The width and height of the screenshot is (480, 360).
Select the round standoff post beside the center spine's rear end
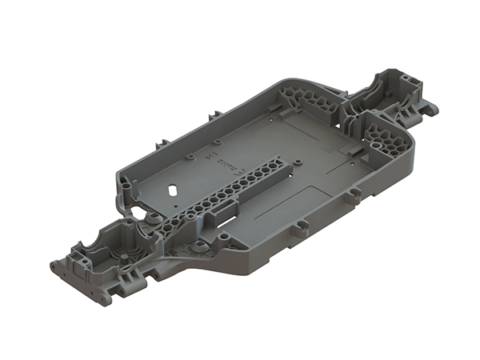click(298, 164)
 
